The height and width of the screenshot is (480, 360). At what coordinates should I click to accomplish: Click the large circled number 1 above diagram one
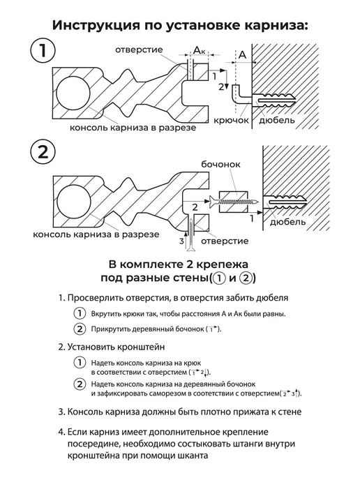43,50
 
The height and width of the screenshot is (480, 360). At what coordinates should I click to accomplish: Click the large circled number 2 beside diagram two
43,152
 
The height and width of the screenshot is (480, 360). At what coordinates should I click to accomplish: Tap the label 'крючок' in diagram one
231,120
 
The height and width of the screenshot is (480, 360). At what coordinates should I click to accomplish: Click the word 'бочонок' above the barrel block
220,165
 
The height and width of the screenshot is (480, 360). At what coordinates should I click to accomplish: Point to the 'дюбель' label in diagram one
277,120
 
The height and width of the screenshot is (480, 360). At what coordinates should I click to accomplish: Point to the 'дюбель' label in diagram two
287,221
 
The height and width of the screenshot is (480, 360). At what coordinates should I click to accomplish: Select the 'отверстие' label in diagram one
139,50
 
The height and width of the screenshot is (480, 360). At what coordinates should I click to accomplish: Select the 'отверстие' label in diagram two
225,241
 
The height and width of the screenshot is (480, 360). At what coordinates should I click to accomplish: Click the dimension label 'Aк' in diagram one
200,50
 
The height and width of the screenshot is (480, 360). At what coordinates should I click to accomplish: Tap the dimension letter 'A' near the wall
242,55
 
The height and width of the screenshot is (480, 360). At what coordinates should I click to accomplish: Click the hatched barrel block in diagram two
234,202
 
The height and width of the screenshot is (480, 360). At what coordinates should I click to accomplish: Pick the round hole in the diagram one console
73,93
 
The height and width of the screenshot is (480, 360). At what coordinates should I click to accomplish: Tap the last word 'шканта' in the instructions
193,455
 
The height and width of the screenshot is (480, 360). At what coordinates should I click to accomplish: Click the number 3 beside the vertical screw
181,241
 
